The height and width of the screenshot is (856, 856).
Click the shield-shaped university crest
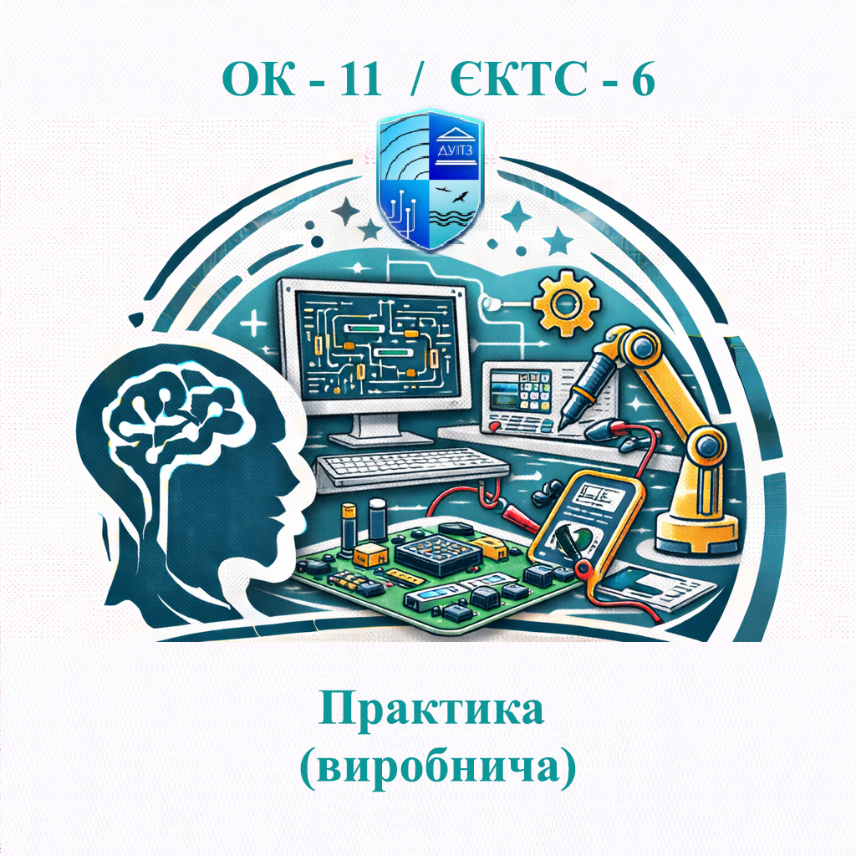pyautogui.click(x=429, y=181)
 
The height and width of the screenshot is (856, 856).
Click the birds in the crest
pyautogui.click(x=457, y=197)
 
